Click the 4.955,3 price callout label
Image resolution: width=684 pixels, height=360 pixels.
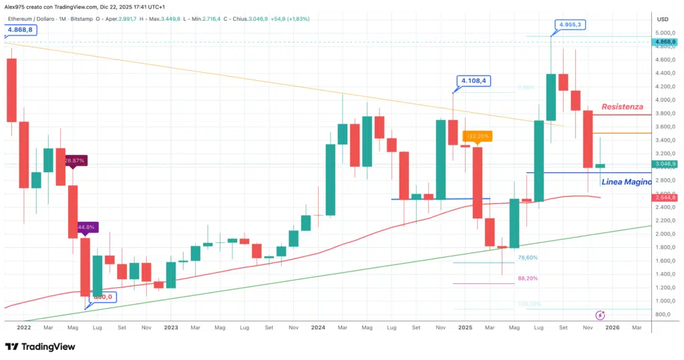coord(571,25)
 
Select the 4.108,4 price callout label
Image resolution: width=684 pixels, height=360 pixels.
coord(473,81)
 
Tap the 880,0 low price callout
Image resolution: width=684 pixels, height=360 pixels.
coord(104,297)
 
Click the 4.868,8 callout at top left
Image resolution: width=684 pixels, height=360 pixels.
coord(21,30)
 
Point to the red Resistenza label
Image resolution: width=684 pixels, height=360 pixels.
coord(622,107)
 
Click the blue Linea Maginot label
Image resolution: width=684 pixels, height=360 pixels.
coord(626,182)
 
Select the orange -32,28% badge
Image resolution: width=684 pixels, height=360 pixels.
coord(479,136)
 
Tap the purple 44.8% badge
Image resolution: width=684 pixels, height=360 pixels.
coord(88,227)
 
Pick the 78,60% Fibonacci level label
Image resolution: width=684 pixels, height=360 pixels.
coord(528,257)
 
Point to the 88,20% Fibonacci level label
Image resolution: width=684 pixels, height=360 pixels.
coord(528,279)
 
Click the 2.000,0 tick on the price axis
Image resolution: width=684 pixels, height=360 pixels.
coord(665,234)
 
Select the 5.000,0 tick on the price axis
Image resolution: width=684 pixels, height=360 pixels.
coord(665,33)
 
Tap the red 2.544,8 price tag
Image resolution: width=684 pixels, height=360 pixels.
coord(666,198)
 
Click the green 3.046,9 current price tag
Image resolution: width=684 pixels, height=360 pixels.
coord(666,164)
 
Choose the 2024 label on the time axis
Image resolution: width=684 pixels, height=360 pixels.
coord(317,328)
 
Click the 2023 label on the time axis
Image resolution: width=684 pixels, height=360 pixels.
coord(171,328)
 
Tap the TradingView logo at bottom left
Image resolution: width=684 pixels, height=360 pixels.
coord(40,347)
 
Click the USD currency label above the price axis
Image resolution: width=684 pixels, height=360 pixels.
coord(663,19)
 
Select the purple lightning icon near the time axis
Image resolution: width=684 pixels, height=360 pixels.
coord(600,315)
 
